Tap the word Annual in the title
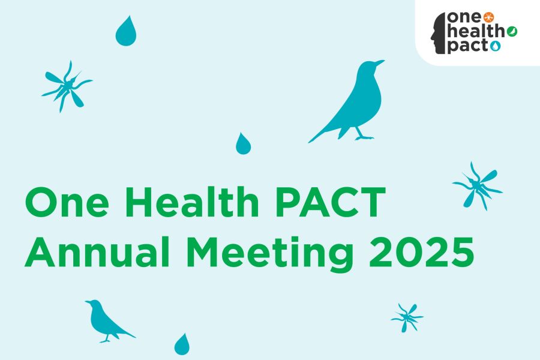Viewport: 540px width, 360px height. [x=97, y=251]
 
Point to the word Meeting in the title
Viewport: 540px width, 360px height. [x=272, y=254]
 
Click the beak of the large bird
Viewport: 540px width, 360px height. [x=380, y=62]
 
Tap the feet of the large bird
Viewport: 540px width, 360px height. [x=364, y=137]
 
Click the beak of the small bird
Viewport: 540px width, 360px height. [x=88, y=302]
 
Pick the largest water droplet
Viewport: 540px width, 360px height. [x=126, y=31]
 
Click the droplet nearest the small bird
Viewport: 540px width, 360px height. [x=182, y=344]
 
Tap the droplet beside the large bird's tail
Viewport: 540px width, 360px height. [x=243, y=144]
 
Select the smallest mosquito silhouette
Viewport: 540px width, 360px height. [x=407, y=317]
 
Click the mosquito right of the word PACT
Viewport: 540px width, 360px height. [x=478, y=187]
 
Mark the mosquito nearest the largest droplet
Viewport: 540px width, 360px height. [x=67, y=86]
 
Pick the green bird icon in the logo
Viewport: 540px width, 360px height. [x=512, y=31]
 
